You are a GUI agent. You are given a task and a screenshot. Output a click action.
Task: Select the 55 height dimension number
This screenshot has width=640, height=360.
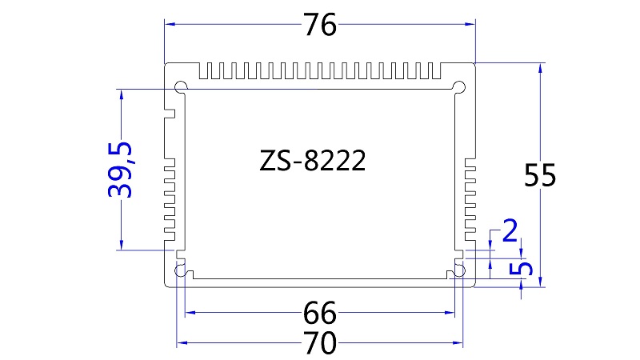tap(540, 175)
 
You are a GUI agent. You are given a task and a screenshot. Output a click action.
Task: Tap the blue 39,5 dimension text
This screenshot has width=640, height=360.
tap(122, 169)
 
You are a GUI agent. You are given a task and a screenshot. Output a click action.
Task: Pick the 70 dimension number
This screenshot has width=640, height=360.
tap(320, 345)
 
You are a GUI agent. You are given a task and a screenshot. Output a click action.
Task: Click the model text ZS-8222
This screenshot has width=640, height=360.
tap(313, 162)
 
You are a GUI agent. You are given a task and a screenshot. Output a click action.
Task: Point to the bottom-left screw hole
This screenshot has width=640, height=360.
tap(181, 270)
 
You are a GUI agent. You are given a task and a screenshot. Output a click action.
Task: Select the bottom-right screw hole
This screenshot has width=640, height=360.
tap(458, 270)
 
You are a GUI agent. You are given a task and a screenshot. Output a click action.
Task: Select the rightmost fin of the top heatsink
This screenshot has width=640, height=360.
tap(437, 72)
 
